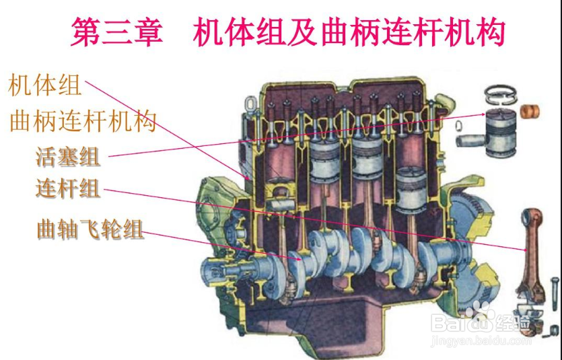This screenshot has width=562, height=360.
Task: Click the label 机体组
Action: point(44,86)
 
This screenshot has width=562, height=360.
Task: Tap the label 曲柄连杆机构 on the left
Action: point(83,122)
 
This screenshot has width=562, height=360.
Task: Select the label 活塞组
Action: point(68,157)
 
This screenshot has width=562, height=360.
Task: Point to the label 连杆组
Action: point(68,188)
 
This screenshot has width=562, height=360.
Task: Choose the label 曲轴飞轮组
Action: point(90,229)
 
